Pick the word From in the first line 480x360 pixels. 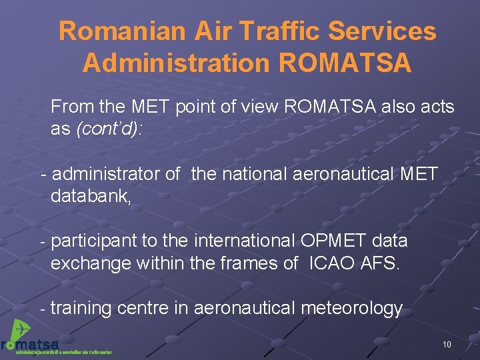(71, 107)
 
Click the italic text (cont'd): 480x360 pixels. (110, 129)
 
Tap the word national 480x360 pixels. (257, 175)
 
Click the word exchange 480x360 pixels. (91, 263)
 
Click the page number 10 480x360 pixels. (447, 344)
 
